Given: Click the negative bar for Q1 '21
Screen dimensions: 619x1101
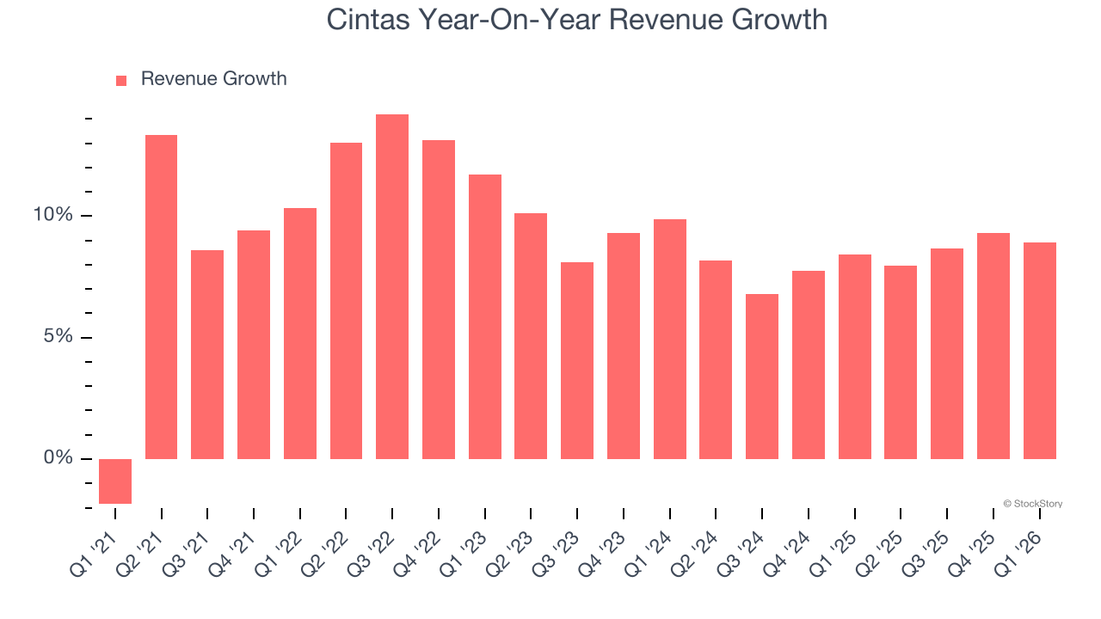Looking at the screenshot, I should tap(115, 481).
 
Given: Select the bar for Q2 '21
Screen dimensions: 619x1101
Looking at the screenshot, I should tap(161, 297).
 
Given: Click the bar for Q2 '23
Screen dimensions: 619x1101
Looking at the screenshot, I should tap(531, 336).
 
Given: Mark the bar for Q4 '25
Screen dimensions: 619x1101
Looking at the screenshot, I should tap(993, 346).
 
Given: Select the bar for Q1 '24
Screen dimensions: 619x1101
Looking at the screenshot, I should tap(670, 339).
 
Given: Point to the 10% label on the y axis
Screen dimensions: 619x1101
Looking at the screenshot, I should tap(53, 215).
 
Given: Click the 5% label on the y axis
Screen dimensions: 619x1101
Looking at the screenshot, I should tap(58, 337).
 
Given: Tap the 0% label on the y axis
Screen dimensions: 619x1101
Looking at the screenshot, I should tap(58, 458).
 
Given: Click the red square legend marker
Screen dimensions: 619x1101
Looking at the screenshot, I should tap(121, 80).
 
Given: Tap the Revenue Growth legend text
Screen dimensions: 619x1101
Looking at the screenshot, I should tap(213, 79).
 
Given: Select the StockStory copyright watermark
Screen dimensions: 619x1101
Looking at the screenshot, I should tap(1032, 504).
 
